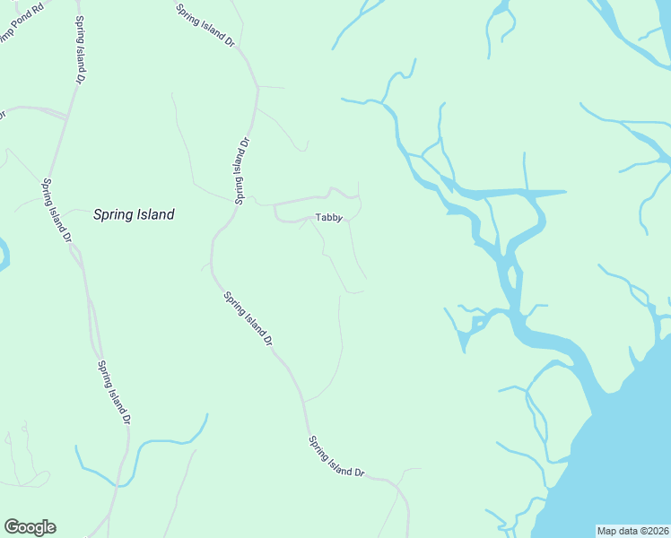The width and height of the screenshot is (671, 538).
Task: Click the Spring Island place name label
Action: click(134, 215)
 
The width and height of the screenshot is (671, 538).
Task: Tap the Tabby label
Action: click(328, 218)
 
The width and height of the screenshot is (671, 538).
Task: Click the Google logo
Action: click(30, 527)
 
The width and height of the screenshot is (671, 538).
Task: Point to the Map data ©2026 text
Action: click(633, 531)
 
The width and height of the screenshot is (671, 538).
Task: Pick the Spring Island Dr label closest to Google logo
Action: click(115, 392)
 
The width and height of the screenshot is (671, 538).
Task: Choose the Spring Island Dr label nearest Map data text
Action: click(336, 456)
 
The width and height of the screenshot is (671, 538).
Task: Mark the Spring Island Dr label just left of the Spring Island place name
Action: click(57, 211)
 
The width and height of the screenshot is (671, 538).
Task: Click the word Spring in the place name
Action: click(113, 215)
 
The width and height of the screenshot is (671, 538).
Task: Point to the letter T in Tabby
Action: click(318, 218)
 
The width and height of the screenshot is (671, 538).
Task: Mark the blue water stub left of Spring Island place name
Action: click(4, 256)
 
